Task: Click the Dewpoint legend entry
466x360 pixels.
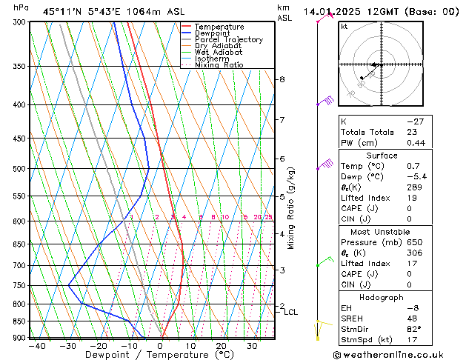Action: coord(211,33)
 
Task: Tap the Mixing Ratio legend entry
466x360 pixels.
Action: coord(219,65)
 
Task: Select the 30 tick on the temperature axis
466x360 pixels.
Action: coord(252,346)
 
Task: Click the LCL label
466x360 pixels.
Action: coord(290,313)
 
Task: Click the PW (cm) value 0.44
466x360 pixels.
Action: coord(416,143)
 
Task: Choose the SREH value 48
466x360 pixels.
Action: coord(413,319)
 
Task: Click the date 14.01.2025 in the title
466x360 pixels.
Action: coord(336,11)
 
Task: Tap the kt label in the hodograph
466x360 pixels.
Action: coord(344,27)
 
